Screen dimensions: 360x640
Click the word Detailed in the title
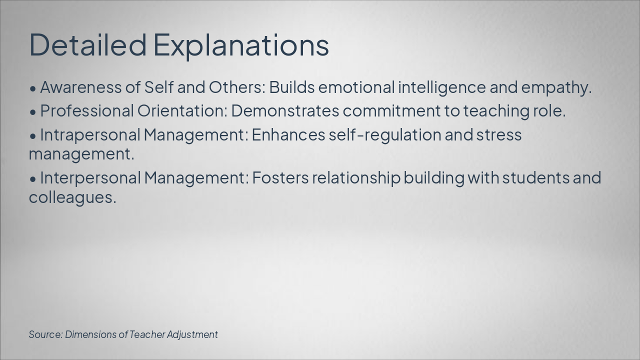click(x=88, y=44)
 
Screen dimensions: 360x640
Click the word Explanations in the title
click(x=240, y=45)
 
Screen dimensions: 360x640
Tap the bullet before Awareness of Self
click(x=33, y=88)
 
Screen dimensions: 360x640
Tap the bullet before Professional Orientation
click(x=33, y=112)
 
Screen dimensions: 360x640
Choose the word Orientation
click(x=182, y=111)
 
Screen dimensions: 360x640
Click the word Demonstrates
click(x=285, y=111)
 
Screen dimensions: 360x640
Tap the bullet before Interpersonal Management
click(x=33, y=178)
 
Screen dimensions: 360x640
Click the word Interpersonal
click(x=90, y=178)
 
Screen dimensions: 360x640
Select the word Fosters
click(x=280, y=178)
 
